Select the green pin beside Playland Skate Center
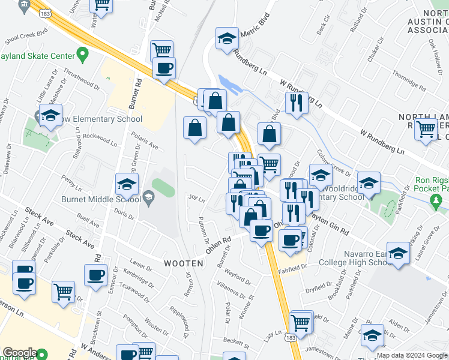(x=82, y=56)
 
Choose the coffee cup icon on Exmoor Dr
(x=95, y=275)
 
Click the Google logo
(x=19, y=353)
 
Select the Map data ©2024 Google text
(x=412, y=355)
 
